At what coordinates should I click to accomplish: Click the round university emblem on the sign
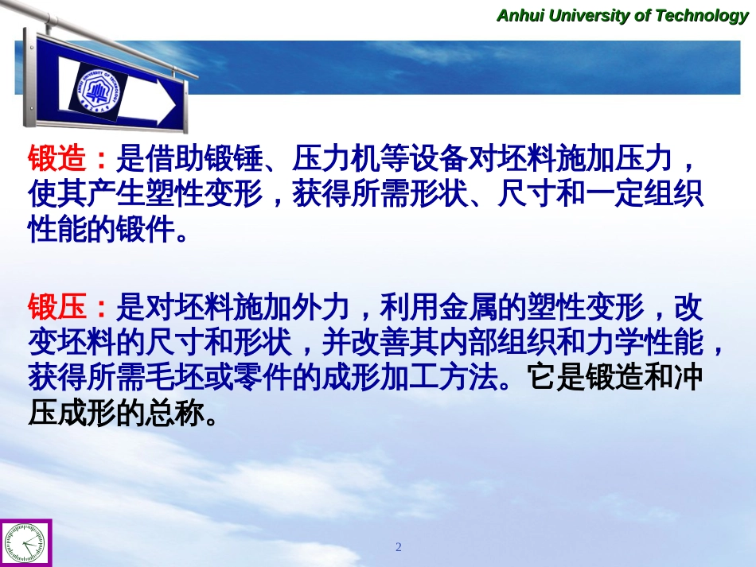click(x=98, y=91)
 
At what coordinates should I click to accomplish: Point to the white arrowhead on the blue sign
click(x=166, y=103)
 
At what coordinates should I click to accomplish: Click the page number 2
click(x=398, y=547)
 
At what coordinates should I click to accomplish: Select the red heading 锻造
click(x=57, y=157)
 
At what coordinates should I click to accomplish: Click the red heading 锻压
click(x=57, y=306)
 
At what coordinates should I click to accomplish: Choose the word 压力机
click(x=336, y=157)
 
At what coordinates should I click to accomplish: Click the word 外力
click(x=321, y=306)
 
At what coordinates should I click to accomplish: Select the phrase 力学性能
click(x=645, y=342)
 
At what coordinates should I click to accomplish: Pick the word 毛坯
click(x=174, y=378)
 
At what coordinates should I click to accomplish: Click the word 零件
click(x=263, y=378)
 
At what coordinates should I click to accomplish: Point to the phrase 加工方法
click(x=438, y=378)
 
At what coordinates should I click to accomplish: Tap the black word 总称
click(x=174, y=414)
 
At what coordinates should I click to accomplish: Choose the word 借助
click(x=174, y=157)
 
